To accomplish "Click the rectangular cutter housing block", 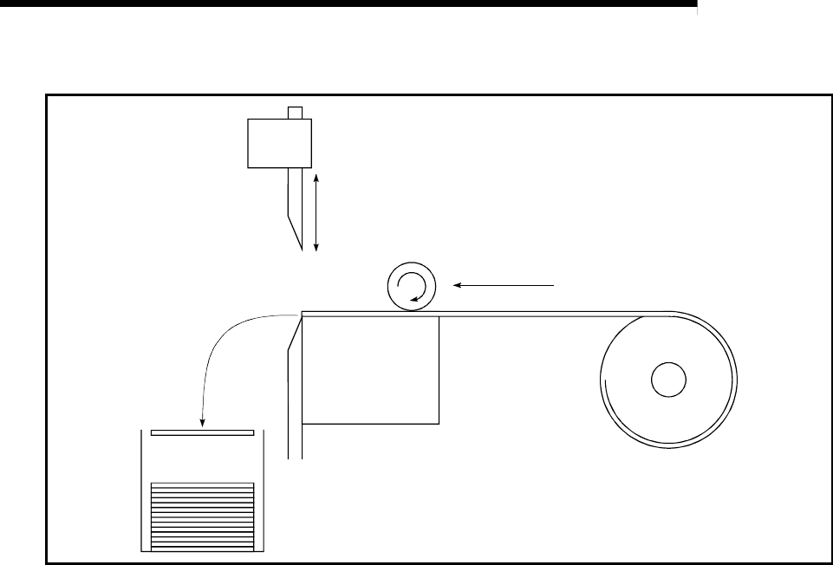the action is tap(279, 142).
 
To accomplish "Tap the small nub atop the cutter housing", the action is tap(296, 112).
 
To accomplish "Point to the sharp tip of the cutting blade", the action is tap(302, 250).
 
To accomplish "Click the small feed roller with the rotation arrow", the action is tap(411, 288).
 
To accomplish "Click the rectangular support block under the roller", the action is tap(370, 371).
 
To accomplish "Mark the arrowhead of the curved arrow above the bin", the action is tap(202, 424).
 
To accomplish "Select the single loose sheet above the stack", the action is tap(202, 432).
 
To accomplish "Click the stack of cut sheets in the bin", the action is tap(202, 515).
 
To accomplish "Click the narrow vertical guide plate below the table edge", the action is tap(294, 399).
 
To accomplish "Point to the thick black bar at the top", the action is tap(347, 4).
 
